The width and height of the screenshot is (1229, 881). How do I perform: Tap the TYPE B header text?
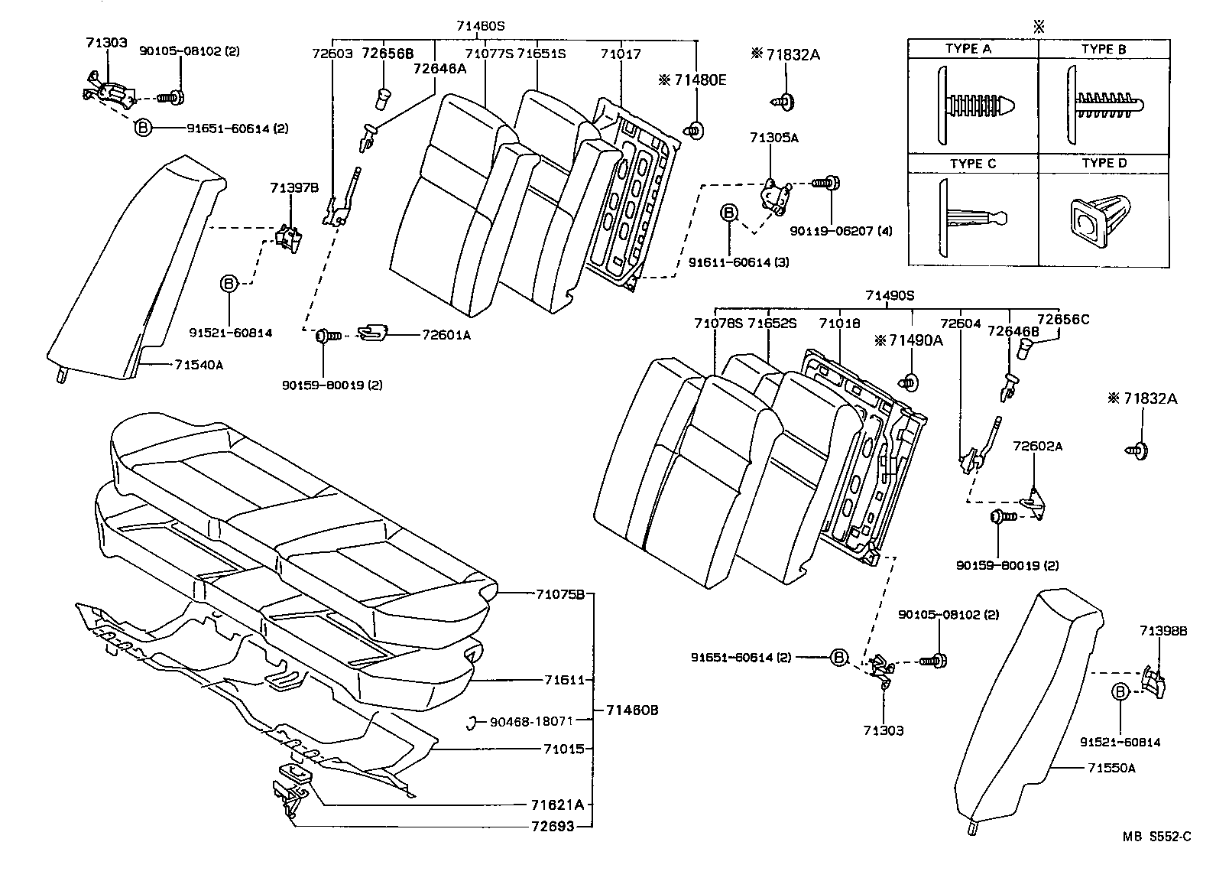tap(1103, 49)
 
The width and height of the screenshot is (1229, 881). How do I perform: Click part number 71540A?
tap(198, 365)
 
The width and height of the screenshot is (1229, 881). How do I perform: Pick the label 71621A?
tap(557, 805)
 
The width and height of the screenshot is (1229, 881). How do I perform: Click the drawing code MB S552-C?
tap(1156, 837)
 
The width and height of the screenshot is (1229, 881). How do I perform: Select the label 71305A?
tap(773, 138)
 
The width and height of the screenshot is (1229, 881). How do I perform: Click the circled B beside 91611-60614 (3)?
tap(729, 213)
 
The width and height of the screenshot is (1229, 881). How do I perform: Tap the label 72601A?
tap(446, 334)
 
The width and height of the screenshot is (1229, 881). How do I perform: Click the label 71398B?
tap(1163, 631)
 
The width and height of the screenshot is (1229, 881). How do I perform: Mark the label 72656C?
tap(1062, 319)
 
